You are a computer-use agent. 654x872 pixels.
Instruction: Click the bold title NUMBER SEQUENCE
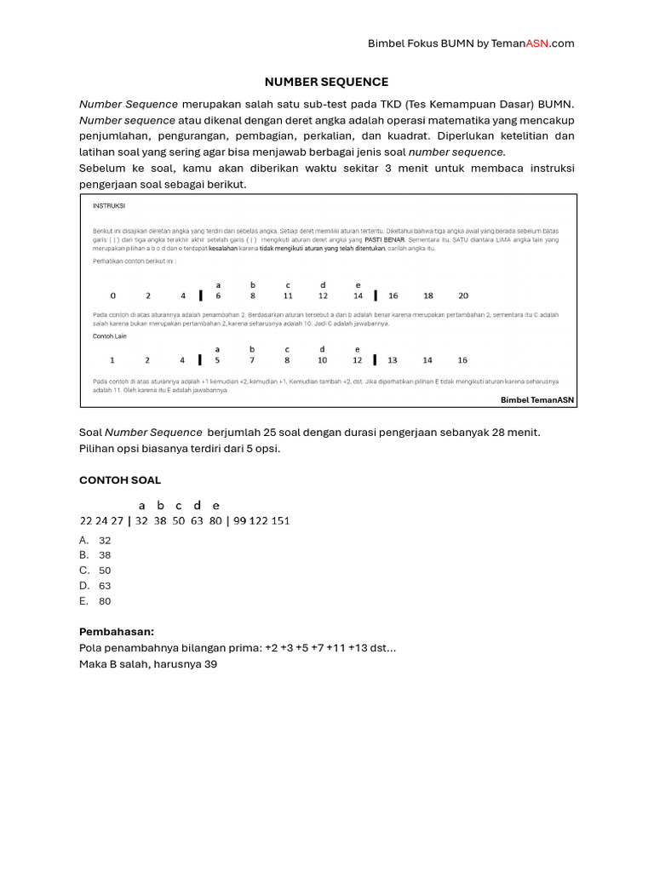point(326,82)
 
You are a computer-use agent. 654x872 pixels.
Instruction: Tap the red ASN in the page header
point(537,43)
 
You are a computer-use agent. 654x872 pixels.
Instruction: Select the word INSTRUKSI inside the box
point(108,205)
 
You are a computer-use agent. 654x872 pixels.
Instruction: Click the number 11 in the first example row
point(289,295)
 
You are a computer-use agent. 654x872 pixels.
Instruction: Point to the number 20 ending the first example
point(463,295)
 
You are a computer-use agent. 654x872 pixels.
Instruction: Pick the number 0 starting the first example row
point(113,295)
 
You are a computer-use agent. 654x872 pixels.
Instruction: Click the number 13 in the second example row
point(393,360)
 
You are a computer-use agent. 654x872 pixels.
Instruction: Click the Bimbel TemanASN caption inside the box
point(536,399)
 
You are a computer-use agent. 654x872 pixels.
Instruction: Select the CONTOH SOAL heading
point(120,480)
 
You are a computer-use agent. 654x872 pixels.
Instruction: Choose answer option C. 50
point(95,571)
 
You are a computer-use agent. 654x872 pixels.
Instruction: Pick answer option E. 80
point(95,601)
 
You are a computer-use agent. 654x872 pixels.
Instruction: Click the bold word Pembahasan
point(117,632)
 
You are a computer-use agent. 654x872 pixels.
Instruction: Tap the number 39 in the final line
point(210,664)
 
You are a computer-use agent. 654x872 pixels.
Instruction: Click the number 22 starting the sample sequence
point(85,521)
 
